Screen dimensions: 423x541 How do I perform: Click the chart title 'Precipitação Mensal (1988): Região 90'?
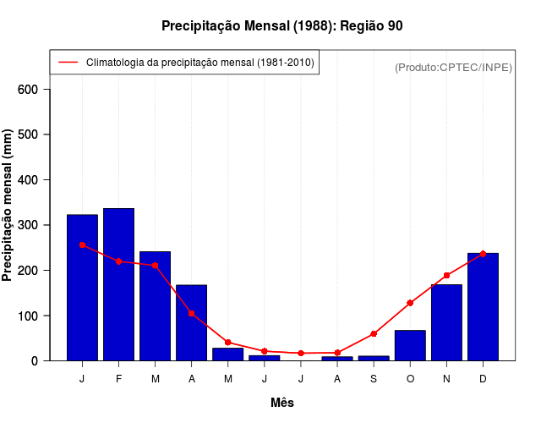coord(282,26)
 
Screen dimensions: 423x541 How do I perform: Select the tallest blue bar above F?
coord(118,284)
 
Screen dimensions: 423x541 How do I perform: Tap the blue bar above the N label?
coord(446,322)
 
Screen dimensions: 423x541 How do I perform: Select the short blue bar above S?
coord(374,358)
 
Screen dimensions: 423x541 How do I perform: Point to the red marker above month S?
coord(374,334)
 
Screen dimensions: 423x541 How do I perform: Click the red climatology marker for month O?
coord(410,303)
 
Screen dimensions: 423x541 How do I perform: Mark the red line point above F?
coord(118,261)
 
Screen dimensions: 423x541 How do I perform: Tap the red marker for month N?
coord(446,276)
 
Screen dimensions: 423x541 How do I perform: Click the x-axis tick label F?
coord(118,379)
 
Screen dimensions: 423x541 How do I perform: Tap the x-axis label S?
coord(374,379)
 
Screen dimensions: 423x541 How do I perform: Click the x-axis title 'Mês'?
coord(282,404)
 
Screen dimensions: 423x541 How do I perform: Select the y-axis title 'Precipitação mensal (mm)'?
coord(8,205)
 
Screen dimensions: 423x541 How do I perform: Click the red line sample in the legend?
coord(68,63)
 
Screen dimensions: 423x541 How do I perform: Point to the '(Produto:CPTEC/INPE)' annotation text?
coord(454,67)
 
